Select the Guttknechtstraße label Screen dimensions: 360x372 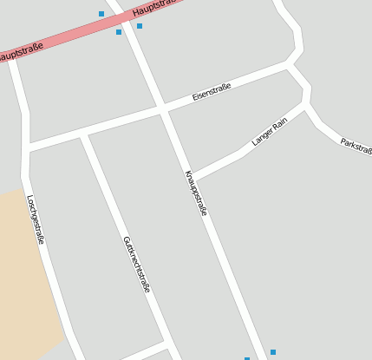(x=136, y=263)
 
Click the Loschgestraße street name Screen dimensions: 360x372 (x=36, y=219)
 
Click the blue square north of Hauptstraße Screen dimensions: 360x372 (x=101, y=14)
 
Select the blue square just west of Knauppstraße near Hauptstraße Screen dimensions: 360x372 (x=119, y=32)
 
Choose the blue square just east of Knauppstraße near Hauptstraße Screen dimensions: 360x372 (x=139, y=26)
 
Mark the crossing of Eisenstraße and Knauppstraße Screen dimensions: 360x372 (x=163, y=109)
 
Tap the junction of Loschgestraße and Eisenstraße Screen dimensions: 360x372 (x=29, y=149)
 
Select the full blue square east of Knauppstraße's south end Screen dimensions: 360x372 (x=272, y=352)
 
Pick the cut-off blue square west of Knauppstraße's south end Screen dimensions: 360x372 (x=247, y=358)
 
